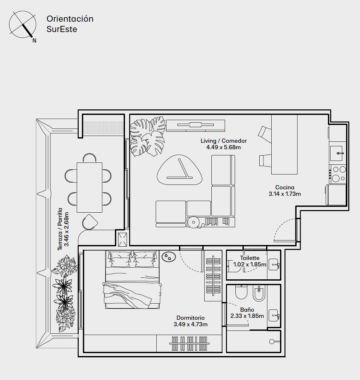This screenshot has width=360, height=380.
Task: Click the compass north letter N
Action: click(x=34, y=41)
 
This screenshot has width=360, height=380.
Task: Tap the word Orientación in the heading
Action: click(x=70, y=19)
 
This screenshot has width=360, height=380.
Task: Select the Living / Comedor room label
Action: click(x=223, y=141)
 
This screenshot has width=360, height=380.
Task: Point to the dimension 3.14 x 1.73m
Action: click(x=285, y=194)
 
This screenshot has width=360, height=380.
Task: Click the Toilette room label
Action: click(x=250, y=258)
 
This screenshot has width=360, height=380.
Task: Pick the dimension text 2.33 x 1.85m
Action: click(x=247, y=316)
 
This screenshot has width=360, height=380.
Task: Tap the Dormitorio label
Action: click(x=191, y=318)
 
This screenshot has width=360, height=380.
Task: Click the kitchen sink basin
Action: click(x=336, y=153)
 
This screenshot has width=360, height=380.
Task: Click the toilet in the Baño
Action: click(x=241, y=292)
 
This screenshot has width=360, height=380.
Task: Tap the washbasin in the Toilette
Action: click(x=274, y=264)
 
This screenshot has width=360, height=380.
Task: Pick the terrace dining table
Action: click(x=89, y=187)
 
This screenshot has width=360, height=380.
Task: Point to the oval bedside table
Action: click(x=169, y=257)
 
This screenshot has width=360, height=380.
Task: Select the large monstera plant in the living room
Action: click(x=147, y=137)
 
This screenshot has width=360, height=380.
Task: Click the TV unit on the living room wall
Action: click(x=196, y=126)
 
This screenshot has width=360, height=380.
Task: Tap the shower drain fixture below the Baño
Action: click(x=272, y=341)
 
